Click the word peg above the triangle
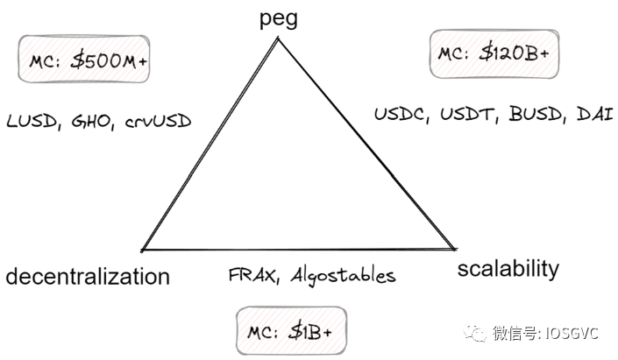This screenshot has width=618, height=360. pyautogui.click(x=279, y=18)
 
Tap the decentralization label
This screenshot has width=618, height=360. pyautogui.click(x=88, y=277)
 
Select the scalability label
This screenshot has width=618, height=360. pyautogui.click(x=508, y=268)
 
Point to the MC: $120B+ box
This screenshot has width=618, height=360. pyautogui.click(x=494, y=53)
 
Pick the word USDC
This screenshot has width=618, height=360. pyautogui.click(x=397, y=115)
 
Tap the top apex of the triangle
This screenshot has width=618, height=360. pyautogui.click(x=279, y=39)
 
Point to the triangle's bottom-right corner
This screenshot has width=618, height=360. pyautogui.click(x=454, y=249)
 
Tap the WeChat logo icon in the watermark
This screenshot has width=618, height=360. pyautogui.click(x=478, y=333)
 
